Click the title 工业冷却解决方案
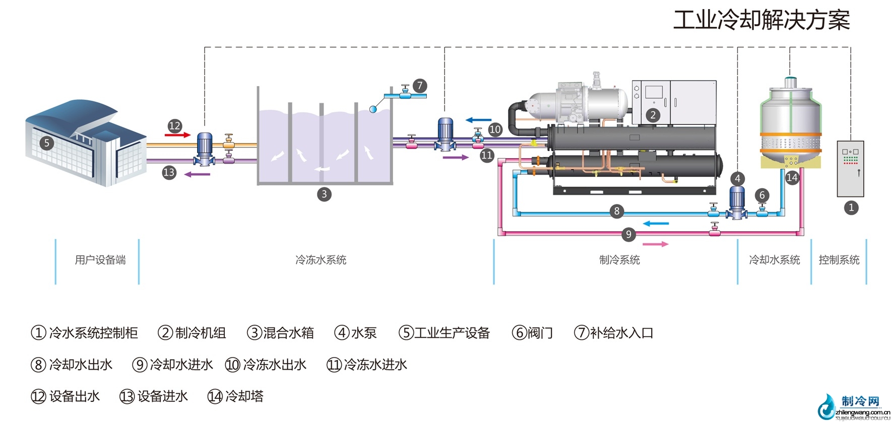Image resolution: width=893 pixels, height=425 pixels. point(761,21)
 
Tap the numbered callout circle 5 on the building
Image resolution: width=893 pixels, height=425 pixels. point(46,143)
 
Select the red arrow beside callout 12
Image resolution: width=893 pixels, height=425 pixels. point(177,135)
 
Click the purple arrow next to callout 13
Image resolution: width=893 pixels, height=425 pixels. point(197,174)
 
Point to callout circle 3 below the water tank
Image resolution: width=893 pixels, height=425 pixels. point(324,194)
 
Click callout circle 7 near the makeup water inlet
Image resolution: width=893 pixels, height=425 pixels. point(419,86)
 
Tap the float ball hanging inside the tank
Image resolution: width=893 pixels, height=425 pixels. point(373,108)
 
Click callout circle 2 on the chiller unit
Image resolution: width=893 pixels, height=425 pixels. point(653,115)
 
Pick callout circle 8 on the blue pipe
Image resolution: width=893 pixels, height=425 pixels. point(616,211)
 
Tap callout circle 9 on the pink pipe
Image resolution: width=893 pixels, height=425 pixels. point(628,234)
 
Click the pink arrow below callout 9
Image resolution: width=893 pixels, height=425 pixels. point(656,244)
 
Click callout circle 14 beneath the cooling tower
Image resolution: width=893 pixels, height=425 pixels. point(792,177)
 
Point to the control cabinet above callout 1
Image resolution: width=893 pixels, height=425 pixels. point(850,169)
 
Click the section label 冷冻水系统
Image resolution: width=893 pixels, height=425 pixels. point(321,260)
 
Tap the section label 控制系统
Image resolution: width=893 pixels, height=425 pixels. point(839,260)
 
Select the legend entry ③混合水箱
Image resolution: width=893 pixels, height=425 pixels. point(280,333)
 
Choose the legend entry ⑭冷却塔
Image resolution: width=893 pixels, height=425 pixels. point(235,396)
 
